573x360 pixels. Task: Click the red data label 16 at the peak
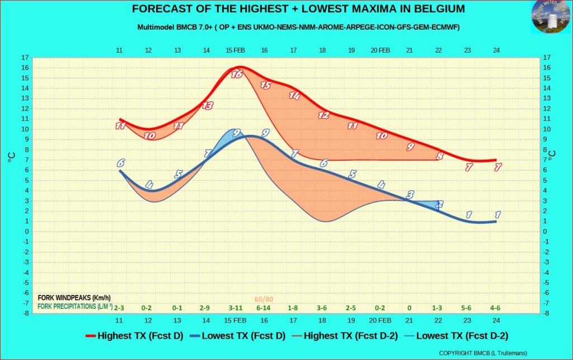pyautogui.click(x=236, y=74)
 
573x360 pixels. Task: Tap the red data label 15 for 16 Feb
pyautogui.click(x=265, y=85)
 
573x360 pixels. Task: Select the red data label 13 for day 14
pyautogui.click(x=208, y=105)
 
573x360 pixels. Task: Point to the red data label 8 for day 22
pyautogui.click(x=440, y=156)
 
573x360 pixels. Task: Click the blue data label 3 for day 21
pyautogui.click(x=410, y=195)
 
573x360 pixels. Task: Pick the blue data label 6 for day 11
pyautogui.click(x=120, y=163)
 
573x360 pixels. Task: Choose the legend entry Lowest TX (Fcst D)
pyautogui.click(x=237, y=336)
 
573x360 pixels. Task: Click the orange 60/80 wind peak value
pyautogui.click(x=264, y=300)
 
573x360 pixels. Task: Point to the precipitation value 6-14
pyautogui.click(x=264, y=308)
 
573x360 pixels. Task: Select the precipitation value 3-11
pyautogui.click(x=236, y=308)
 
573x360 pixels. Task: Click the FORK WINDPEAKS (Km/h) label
pyautogui.click(x=74, y=298)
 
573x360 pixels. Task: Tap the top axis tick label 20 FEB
pyautogui.click(x=381, y=50)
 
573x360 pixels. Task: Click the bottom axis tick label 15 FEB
pyautogui.click(x=236, y=320)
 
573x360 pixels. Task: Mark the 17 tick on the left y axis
pyautogui.click(x=25, y=58)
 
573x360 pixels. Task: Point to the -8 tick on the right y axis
pyautogui.click(x=547, y=314)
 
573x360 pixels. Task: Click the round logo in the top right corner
pyautogui.click(x=550, y=17)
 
